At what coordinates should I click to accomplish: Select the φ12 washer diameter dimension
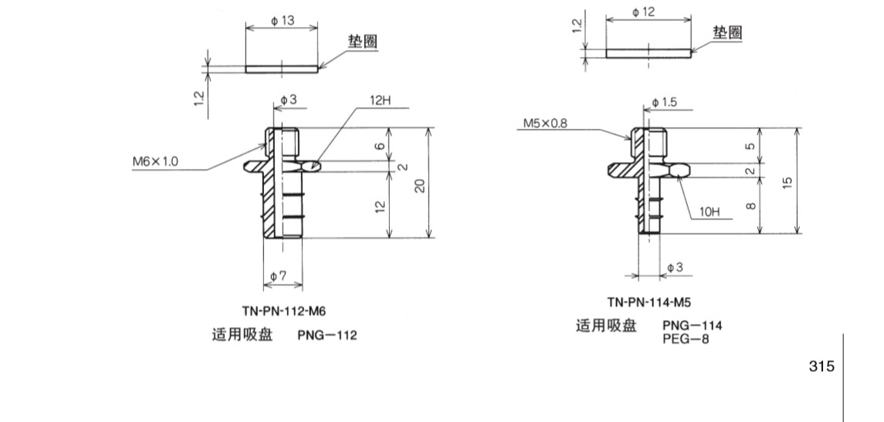coord(643,12)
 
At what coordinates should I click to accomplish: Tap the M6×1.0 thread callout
coord(154,161)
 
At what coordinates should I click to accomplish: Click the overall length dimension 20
coord(419,185)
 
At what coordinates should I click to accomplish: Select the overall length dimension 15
coord(786,181)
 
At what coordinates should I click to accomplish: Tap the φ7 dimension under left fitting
coord(279,275)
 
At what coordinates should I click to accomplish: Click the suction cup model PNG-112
coord(327,336)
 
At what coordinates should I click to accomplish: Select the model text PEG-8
coord(685,339)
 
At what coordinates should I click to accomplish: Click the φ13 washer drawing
coord(281,69)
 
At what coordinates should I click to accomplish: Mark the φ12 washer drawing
coord(648,53)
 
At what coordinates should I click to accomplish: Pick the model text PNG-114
coord(692,326)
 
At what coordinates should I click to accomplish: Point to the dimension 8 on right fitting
coord(750,205)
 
